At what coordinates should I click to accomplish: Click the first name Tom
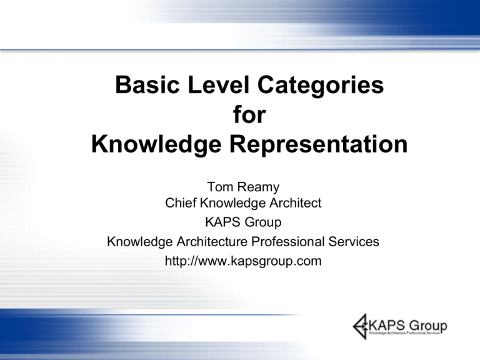220,187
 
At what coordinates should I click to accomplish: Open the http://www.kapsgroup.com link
243,260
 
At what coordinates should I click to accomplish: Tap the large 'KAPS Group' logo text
408,325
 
